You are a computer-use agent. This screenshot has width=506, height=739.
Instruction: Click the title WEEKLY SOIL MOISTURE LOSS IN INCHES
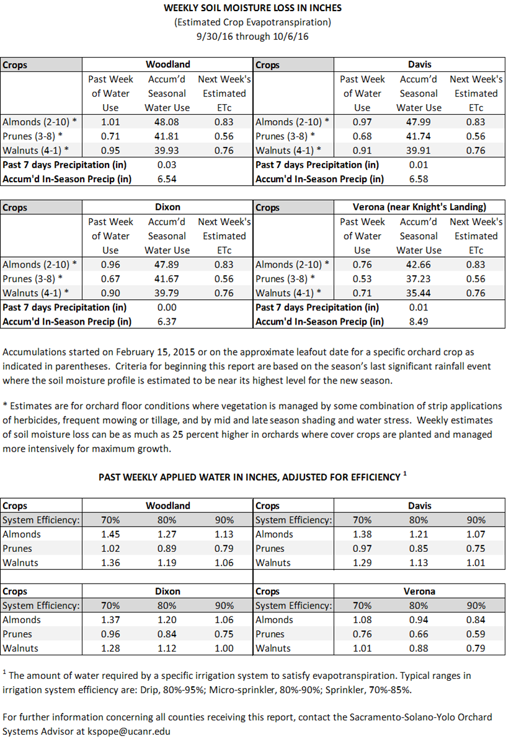[252, 8]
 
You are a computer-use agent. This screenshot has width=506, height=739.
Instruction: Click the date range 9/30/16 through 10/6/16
[252, 37]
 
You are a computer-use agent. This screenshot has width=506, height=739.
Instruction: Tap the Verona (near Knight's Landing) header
[419, 207]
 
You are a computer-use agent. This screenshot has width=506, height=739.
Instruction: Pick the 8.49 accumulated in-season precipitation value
[419, 321]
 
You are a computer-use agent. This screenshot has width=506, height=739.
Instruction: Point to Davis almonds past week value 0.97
[362, 122]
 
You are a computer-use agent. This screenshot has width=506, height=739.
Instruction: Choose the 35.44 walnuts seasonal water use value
[419, 293]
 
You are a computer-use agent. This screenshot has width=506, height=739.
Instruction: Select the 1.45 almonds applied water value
[110, 534]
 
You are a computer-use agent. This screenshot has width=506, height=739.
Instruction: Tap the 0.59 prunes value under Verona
[476, 634]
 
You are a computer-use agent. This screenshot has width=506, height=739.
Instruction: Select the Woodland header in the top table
[167, 64]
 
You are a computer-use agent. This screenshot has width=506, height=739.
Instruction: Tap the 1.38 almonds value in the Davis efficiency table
[362, 534]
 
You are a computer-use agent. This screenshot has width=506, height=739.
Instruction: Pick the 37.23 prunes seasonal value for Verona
[419, 279]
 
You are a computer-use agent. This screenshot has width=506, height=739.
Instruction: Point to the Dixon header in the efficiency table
[167, 591]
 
